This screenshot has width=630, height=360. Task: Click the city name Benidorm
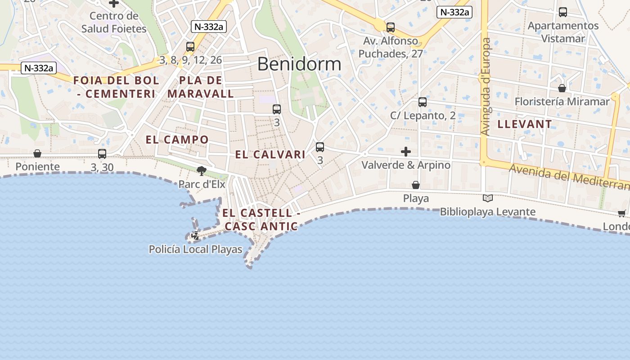coord(299,64)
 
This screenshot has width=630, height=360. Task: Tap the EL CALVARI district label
coord(270,154)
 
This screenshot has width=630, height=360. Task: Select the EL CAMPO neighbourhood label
coord(177,139)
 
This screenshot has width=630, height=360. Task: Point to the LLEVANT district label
coord(524,124)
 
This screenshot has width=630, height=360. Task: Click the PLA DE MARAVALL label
coord(201,87)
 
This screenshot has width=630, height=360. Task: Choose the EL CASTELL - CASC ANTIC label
coord(261,219)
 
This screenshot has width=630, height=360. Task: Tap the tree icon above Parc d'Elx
coord(201,171)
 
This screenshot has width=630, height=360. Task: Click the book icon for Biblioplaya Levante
coord(487,198)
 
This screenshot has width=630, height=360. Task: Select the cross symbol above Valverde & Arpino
coord(406,152)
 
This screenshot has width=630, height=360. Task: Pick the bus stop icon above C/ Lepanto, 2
coord(422,102)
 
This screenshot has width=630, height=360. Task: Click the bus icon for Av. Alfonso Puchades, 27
coord(391,27)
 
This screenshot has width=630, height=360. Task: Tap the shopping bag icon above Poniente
coord(37,153)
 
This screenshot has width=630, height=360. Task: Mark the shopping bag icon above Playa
coord(416,185)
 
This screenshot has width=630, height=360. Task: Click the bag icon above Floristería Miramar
coord(562,88)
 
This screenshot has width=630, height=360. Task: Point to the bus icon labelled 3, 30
coord(102,154)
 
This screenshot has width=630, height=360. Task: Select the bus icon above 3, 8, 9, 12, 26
coord(190,47)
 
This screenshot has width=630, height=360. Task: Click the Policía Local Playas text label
coord(195,249)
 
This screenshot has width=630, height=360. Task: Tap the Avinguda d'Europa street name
coord(485,86)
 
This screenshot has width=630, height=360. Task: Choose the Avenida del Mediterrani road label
coord(569,176)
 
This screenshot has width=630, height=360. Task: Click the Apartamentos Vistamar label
coord(563,32)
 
